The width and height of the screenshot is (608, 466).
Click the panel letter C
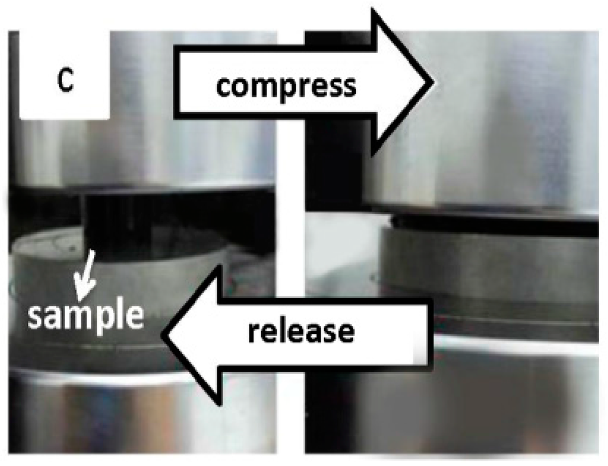coord(65,82)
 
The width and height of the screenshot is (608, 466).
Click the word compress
coord(286,87)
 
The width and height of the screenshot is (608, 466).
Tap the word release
coord(301,332)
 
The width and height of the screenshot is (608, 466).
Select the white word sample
coord(86,316)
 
